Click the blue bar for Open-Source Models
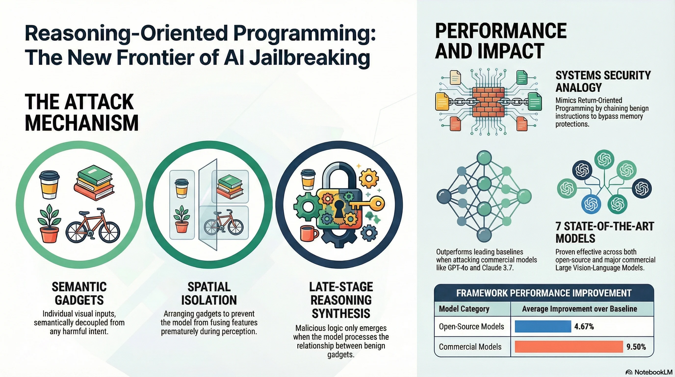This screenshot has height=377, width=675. click(x=543, y=326)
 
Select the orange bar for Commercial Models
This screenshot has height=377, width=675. click(x=569, y=347)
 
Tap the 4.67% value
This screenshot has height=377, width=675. click(x=584, y=326)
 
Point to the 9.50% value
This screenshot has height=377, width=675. click(x=636, y=347)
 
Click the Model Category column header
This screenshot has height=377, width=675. click(x=464, y=309)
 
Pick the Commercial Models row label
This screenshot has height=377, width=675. click(x=470, y=347)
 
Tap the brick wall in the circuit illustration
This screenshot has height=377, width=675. click(x=488, y=102)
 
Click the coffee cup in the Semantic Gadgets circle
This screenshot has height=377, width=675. click(x=49, y=185)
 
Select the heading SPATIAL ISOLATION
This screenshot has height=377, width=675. click(x=209, y=294)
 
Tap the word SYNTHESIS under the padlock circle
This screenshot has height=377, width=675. click(x=341, y=314)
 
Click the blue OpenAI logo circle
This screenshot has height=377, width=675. click(x=591, y=204)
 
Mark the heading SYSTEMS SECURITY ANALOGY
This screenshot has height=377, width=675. click(x=603, y=81)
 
